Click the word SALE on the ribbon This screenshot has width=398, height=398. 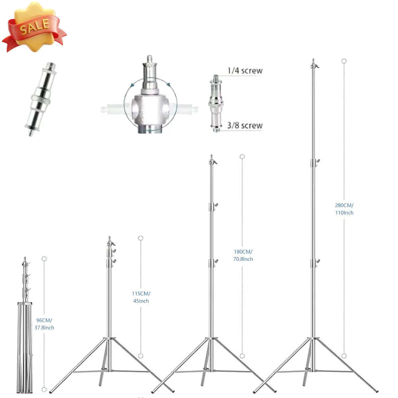(x=35, y=26)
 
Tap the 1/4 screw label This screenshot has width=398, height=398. (x=245, y=70)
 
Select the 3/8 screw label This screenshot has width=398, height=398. (x=245, y=125)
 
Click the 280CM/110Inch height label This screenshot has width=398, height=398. (x=344, y=209)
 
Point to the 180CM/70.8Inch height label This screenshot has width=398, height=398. (x=243, y=256)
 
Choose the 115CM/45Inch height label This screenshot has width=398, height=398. (x=141, y=297)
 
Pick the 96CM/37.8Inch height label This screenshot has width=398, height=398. (x=44, y=324)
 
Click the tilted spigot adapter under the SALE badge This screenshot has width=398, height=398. (x=41, y=99)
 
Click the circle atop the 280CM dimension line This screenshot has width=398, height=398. (x=344, y=61)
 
